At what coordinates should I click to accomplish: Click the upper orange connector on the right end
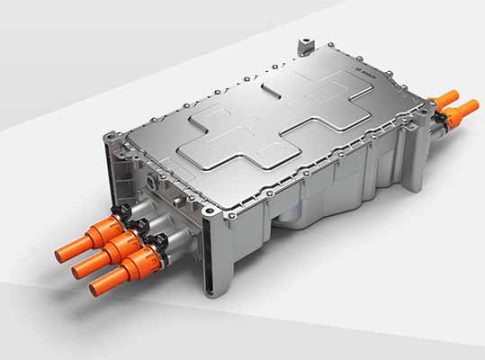click(x=448, y=101)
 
